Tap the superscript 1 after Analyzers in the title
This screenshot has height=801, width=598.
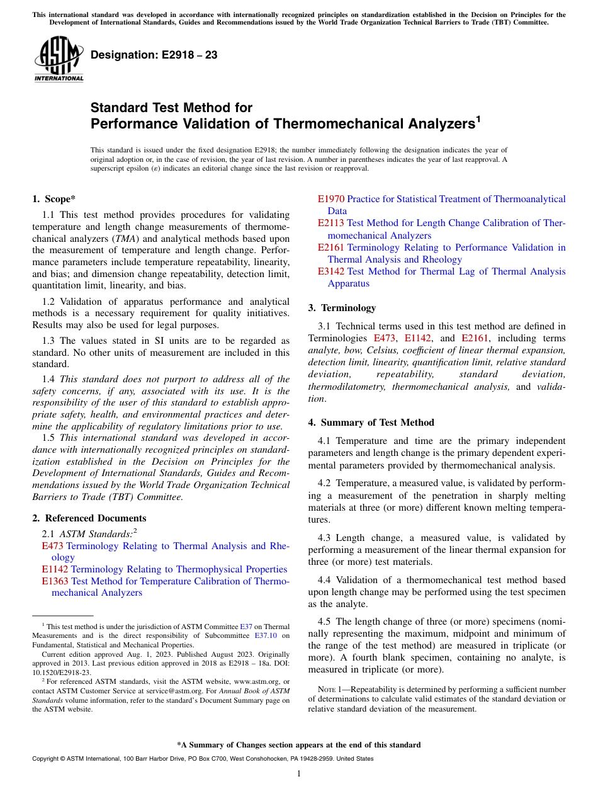(478, 118)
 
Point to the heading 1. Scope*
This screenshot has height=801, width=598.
(54, 199)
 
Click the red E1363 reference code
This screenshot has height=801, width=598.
(55, 581)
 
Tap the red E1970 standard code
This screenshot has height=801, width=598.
(330, 199)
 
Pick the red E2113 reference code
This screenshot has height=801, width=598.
(330, 223)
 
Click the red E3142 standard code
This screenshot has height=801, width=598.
(330, 271)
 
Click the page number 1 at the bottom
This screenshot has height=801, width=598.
(299, 774)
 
